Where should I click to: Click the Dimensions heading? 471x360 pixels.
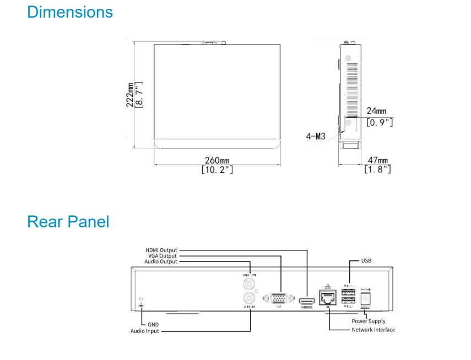[x=70, y=12]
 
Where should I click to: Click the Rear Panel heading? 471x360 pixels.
[x=68, y=222]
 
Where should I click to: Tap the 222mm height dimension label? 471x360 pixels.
[x=130, y=95]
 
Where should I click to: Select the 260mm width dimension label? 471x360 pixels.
[x=217, y=161]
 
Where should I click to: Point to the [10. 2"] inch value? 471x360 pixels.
[x=217, y=170]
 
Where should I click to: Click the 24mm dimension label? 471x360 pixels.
[x=376, y=111]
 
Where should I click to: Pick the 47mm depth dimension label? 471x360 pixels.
[x=377, y=160]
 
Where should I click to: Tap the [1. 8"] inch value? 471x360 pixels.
[x=377, y=170]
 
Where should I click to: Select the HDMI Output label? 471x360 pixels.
[x=161, y=250]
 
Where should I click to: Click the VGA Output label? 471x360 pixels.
[x=162, y=256]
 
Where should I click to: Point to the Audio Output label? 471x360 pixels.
[x=160, y=262]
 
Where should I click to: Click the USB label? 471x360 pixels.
[x=367, y=260]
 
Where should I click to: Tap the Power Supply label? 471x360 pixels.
[x=369, y=321]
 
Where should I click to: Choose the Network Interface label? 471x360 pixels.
[x=373, y=330]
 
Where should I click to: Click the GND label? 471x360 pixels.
[x=153, y=325]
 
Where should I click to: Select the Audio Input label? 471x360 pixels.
[x=144, y=331]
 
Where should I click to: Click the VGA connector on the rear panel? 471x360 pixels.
[x=279, y=299]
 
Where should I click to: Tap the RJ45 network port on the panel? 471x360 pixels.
[x=328, y=298]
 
